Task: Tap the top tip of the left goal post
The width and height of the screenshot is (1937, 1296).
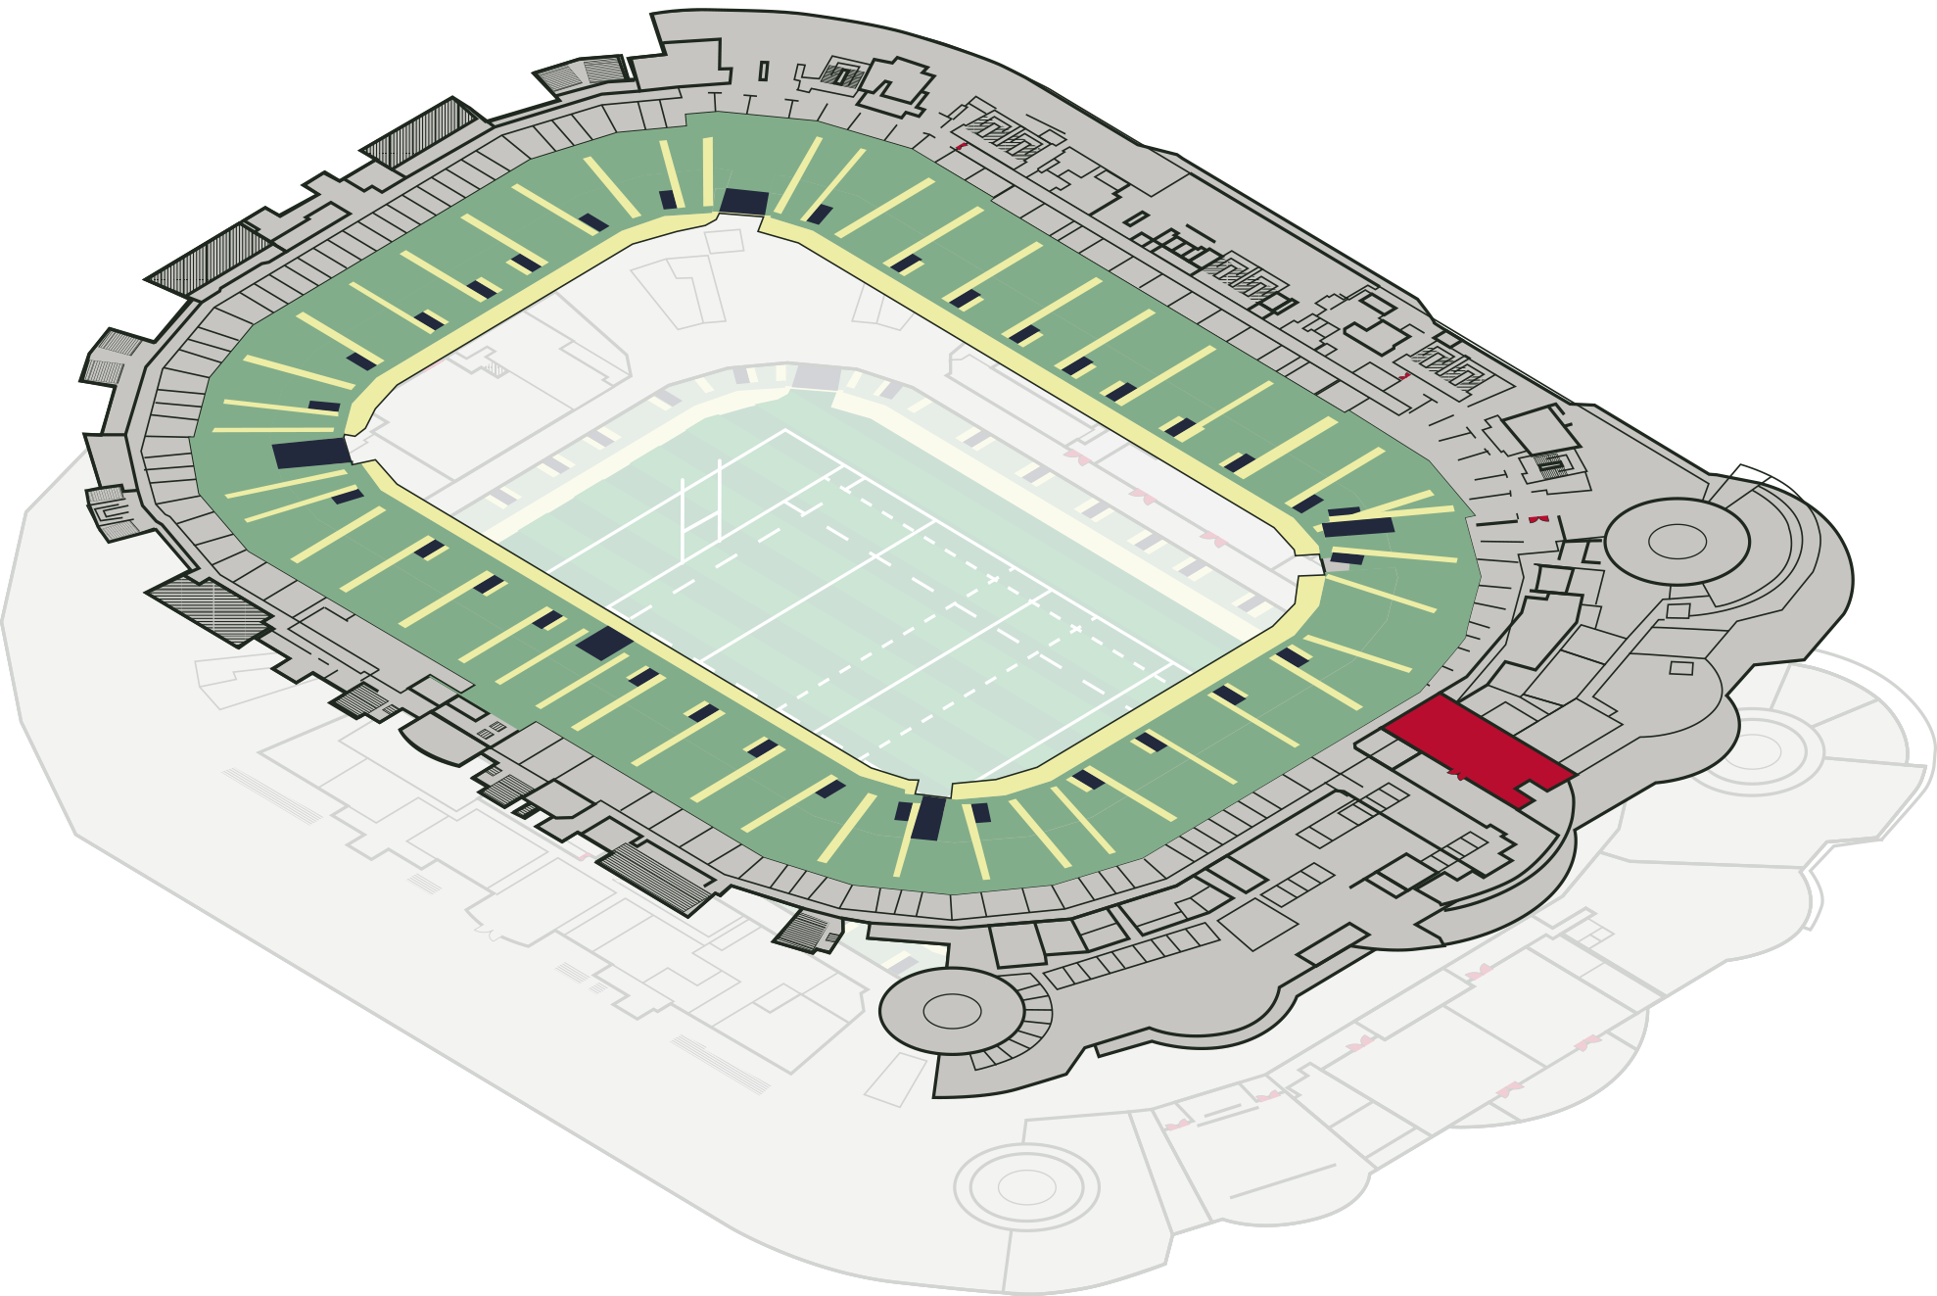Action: click(x=683, y=481)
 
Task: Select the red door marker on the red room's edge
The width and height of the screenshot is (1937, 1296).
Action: click(x=1457, y=775)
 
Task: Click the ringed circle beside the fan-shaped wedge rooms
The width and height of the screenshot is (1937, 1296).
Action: click(x=1755, y=751)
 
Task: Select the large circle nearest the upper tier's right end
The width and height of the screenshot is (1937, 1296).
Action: click(x=1677, y=541)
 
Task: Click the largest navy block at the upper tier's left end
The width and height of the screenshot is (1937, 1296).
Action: click(x=311, y=453)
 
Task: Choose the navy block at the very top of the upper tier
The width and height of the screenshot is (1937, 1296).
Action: click(x=744, y=202)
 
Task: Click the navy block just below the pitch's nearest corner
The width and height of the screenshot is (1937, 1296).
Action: click(x=927, y=817)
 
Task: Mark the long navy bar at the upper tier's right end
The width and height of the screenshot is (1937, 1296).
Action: click(x=1358, y=527)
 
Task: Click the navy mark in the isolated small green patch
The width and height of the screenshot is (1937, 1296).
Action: click(x=903, y=966)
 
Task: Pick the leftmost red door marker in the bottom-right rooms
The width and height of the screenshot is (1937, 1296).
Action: click(x=1178, y=1125)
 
